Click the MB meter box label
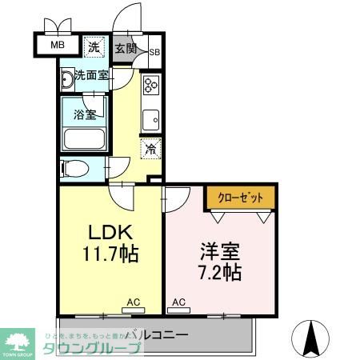tap(58, 45)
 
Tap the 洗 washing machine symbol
tap(94, 47)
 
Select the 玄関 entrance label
tap(125, 48)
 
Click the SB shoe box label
tap(154, 54)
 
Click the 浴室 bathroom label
tap(86, 114)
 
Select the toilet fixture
tap(74, 169)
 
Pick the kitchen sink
tap(150, 121)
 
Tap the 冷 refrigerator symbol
tap(150, 148)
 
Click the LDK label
tap(110, 234)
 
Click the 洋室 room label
tap(218, 249)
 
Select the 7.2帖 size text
tap(218, 271)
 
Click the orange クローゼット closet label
tap(240, 197)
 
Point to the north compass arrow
tap(313, 337)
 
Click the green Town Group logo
tap(22, 341)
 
